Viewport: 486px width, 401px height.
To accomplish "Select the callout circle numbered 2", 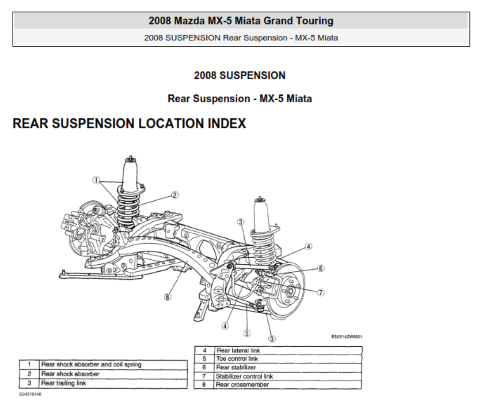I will point(175,195).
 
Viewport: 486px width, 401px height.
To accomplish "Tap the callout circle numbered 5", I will point(247,333).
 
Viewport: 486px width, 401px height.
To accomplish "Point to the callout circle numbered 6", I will point(321,268).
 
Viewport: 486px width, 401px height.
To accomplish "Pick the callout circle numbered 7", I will point(321,292).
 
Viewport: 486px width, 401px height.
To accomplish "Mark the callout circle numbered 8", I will point(167,297).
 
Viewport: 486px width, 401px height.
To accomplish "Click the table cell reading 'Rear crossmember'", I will point(288,385).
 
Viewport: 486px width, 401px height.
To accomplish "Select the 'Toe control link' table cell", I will point(288,359).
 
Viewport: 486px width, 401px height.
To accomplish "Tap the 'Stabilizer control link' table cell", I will point(288,376).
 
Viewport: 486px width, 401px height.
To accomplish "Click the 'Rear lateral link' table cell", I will point(288,350).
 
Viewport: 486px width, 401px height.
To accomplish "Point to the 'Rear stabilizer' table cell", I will point(288,367).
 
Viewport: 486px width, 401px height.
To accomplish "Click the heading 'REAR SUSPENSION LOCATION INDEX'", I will point(129,124).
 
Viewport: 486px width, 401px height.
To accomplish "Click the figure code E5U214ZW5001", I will point(347,337).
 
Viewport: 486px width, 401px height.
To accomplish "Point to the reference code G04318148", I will point(30,394).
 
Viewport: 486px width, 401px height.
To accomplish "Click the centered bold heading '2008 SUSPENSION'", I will point(239,75).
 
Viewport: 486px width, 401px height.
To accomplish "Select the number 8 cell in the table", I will point(205,385).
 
